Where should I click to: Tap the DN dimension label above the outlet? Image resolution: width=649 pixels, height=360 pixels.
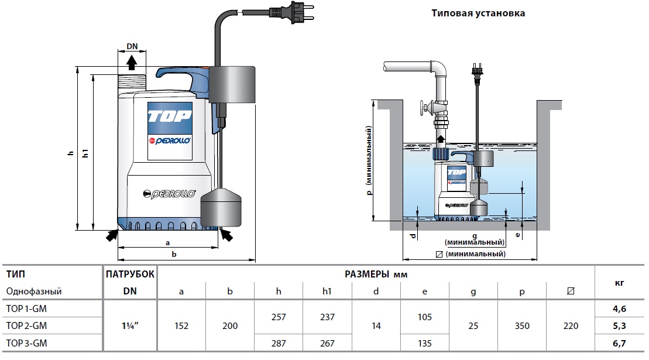(132, 46)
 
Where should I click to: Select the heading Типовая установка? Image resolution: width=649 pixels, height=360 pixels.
(478, 13)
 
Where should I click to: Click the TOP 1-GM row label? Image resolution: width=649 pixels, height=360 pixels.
(26, 308)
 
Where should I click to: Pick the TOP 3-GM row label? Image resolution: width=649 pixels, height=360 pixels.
(26, 344)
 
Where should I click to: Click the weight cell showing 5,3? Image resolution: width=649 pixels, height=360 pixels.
(619, 326)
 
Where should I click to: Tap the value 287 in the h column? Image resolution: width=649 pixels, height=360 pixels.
(279, 344)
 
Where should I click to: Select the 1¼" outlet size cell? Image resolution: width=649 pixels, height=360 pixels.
(130, 326)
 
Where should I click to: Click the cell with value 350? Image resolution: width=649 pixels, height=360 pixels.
(522, 326)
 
